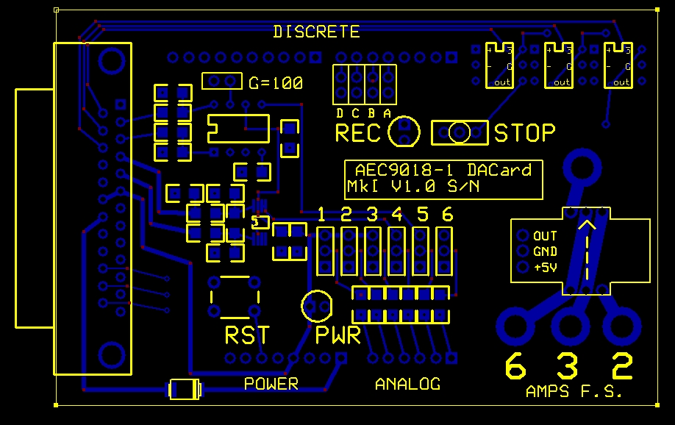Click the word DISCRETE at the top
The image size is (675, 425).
tap(316, 32)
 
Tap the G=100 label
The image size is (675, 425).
tap(275, 83)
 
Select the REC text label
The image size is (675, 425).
tap(358, 134)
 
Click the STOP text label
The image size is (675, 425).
tap(524, 133)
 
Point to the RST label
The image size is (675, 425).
tap(246, 335)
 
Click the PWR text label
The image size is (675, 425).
tap(337, 336)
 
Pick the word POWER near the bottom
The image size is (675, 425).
tap(271, 383)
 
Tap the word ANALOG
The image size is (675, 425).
tap(407, 383)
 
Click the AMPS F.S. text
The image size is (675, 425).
tap(574, 392)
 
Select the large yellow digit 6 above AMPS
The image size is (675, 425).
tap(516, 366)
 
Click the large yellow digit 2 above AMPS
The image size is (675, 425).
tap(622, 366)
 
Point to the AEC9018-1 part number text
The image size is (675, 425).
tap(401, 170)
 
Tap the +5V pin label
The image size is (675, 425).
tap(545, 268)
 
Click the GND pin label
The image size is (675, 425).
tap(545, 251)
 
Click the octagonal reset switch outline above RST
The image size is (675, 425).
tap(233, 296)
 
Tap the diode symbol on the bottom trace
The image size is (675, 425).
tap(185, 388)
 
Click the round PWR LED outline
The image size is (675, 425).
tap(318, 306)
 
